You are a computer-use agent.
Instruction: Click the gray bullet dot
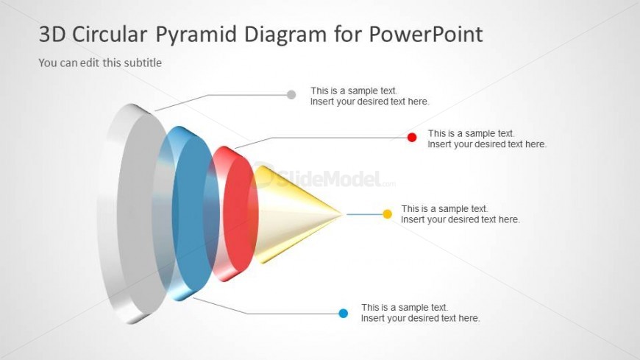point(291,94)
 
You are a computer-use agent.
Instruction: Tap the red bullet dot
point(412,137)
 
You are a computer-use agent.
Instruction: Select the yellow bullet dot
point(388,214)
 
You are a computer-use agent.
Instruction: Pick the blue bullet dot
point(343,313)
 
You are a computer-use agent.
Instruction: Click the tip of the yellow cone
point(341,214)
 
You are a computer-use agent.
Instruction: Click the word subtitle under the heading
point(142,63)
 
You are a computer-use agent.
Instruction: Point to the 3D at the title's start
point(52,34)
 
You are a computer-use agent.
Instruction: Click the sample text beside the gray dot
point(369,96)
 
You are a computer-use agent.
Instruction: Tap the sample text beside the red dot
point(487,139)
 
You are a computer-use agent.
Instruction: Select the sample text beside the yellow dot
point(461,214)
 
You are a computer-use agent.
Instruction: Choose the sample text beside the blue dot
point(420,313)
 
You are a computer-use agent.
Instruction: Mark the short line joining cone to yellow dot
point(363,214)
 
